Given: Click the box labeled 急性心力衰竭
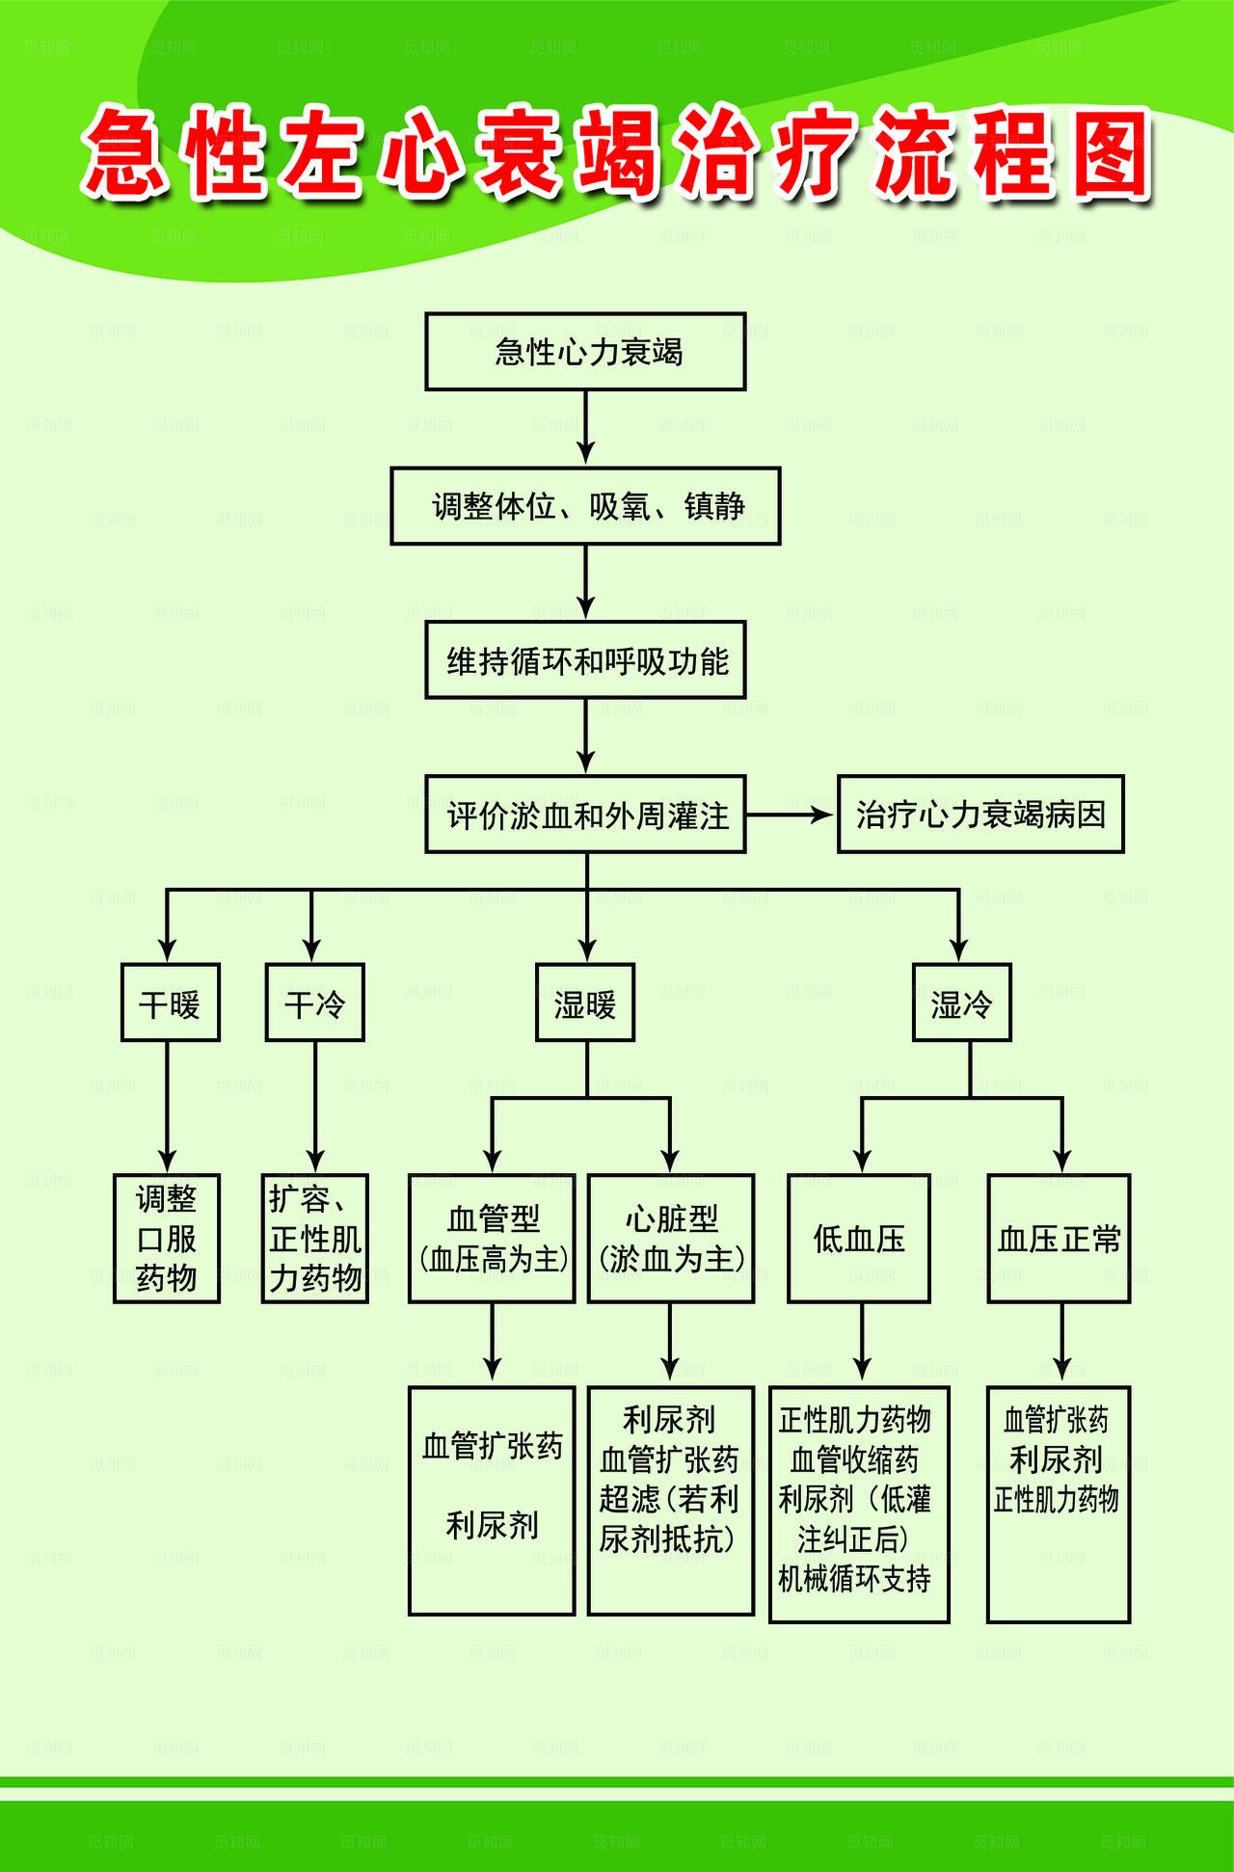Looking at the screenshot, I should pos(585,351).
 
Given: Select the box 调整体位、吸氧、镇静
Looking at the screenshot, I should pos(585,506).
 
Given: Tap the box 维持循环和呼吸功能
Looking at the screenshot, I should pos(585,660).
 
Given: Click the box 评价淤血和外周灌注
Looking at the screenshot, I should pos(585,815).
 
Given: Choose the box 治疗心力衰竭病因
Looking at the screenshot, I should pos(980,815).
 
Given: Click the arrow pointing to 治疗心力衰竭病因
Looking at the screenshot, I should pos(791,815).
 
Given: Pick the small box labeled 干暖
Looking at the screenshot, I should pos(170,1003).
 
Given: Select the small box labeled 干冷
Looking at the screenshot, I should pos(314,1003).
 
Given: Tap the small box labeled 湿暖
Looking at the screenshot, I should pos(585,1003).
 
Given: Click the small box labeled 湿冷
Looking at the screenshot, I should pos(961,1003).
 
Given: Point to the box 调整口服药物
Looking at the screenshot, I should pos(167,1239).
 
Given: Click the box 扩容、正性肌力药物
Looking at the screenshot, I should pos(315,1239).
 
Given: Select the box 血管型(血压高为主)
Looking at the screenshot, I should pos(492,1239).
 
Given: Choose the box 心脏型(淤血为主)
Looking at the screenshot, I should pos(671,1239).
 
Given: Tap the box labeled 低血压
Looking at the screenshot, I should pos(859,1239).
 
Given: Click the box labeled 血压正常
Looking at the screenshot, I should pos(1059,1239).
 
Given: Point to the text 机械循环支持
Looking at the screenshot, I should pos(855,1579).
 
